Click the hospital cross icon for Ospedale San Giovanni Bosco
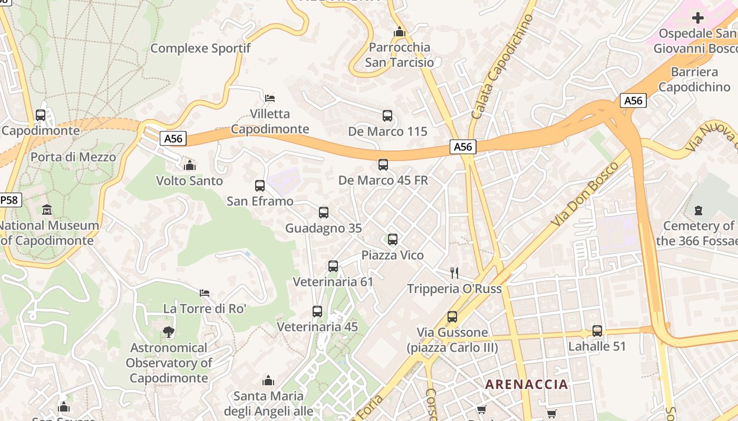[x=697, y=18]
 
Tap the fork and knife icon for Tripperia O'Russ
[x=454, y=273]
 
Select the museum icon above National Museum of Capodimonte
[x=46, y=209]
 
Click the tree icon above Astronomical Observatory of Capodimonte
[x=169, y=332]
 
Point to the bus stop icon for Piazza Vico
[x=392, y=239]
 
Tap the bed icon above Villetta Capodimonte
[x=269, y=98]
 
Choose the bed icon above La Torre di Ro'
[x=205, y=293]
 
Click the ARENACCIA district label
[x=527, y=384]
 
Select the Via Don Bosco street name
[x=585, y=195]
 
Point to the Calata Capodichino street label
[x=501, y=66]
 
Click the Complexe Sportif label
[x=200, y=48]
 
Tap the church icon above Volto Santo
[x=189, y=165]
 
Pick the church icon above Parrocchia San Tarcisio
[x=399, y=32]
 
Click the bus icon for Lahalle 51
[x=597, y=331]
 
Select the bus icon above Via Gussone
[x=452, y=317]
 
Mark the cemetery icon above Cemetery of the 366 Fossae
[x=698, y=210]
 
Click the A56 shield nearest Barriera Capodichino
[x=633, y=101]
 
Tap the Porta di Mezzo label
[x=73, y=157]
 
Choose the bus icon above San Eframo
[x=259, y=185]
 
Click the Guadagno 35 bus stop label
[x=323, y=228]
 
